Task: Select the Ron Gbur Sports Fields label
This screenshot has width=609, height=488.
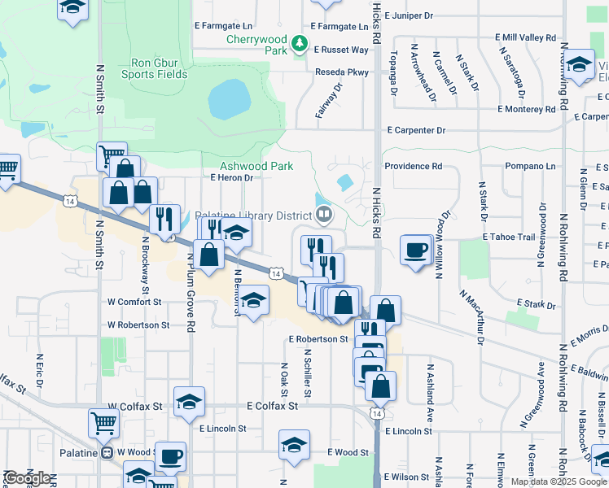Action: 160,68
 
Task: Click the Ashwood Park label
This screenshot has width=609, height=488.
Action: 256,166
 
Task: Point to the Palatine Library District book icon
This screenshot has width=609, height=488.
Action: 324,215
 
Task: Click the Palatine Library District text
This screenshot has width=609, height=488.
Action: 252,216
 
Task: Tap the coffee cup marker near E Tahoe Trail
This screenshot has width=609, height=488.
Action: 416,249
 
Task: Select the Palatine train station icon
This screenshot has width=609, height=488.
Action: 107,452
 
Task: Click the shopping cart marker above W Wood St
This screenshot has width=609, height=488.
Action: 103,422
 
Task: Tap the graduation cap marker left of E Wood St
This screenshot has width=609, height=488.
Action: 294,444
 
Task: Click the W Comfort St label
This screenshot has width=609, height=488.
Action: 134,302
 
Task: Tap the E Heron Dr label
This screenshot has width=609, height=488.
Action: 232,177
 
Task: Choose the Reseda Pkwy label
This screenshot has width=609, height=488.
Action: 342,72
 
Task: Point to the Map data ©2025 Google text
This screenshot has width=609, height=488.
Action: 559,481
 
